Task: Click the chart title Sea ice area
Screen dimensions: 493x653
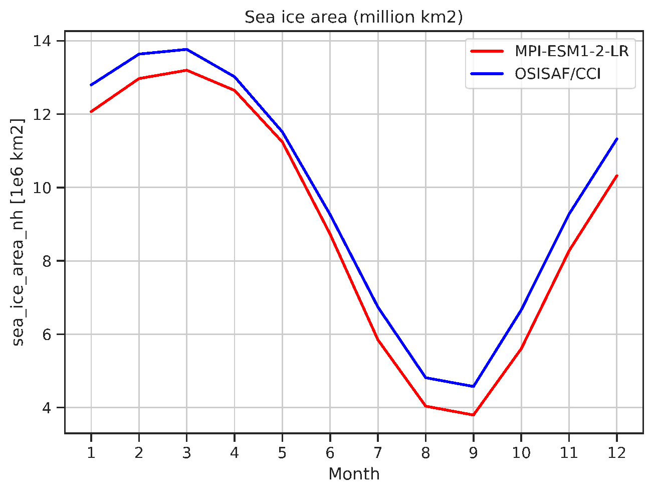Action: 353,17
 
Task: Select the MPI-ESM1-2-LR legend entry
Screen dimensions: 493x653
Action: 571,51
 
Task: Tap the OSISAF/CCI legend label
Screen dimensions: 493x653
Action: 557,74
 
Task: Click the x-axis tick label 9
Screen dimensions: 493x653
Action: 473,453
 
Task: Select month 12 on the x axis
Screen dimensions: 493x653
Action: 616,453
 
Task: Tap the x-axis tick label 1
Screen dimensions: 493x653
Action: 91,453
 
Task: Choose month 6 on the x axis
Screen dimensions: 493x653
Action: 330,453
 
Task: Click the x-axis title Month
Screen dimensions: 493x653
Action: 354,474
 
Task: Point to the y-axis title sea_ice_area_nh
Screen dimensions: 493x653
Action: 19,232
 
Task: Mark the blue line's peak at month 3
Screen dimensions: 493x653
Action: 186,49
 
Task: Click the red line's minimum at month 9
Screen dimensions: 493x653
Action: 473,415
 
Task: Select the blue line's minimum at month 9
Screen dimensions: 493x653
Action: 473,386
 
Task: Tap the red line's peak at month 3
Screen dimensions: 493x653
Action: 186,70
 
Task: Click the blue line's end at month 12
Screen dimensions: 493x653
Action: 616,139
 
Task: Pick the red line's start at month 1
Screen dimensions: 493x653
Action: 91,111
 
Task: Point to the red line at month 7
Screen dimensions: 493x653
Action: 377,340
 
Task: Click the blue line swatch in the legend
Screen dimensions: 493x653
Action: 487,74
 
